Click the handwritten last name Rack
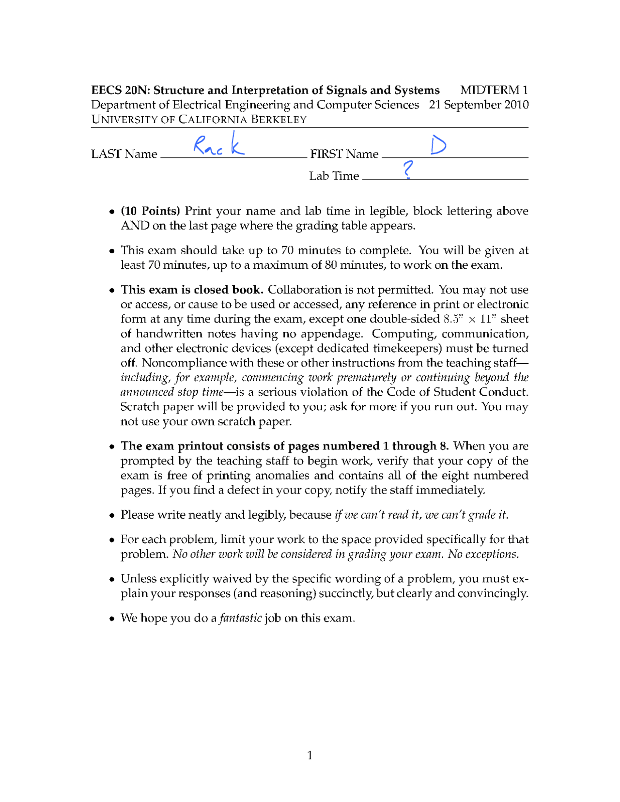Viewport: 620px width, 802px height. click(x=218, y=145)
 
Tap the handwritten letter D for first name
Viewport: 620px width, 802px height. click(x=438, y=145)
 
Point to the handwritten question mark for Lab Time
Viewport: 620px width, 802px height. click(x=408, y=170)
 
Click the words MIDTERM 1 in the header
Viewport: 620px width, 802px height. click(x=494, y=90)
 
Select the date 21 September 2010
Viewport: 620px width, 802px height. click(x=479, y=105)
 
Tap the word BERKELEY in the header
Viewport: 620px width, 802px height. click(x=279, y=120)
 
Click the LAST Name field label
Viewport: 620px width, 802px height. click(x=124, y=154)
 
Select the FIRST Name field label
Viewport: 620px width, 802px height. click(x=344, y=154)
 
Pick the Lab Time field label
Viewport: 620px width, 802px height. click(x=334, y=176)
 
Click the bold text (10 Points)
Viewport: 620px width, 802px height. click(x=150, y=211)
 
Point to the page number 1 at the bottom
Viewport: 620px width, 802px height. click(x=310, y=755)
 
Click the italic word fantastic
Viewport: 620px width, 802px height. click(x=240, y=618)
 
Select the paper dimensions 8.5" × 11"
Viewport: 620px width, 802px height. click(x=470, y=319)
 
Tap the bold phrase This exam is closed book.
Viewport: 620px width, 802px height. click(x=192, y=290)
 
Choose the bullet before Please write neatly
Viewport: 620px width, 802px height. click(x=112, y=515)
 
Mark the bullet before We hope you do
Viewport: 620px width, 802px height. click(x=112, y=618)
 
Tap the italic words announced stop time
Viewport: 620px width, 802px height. click(x=172, y=392)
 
